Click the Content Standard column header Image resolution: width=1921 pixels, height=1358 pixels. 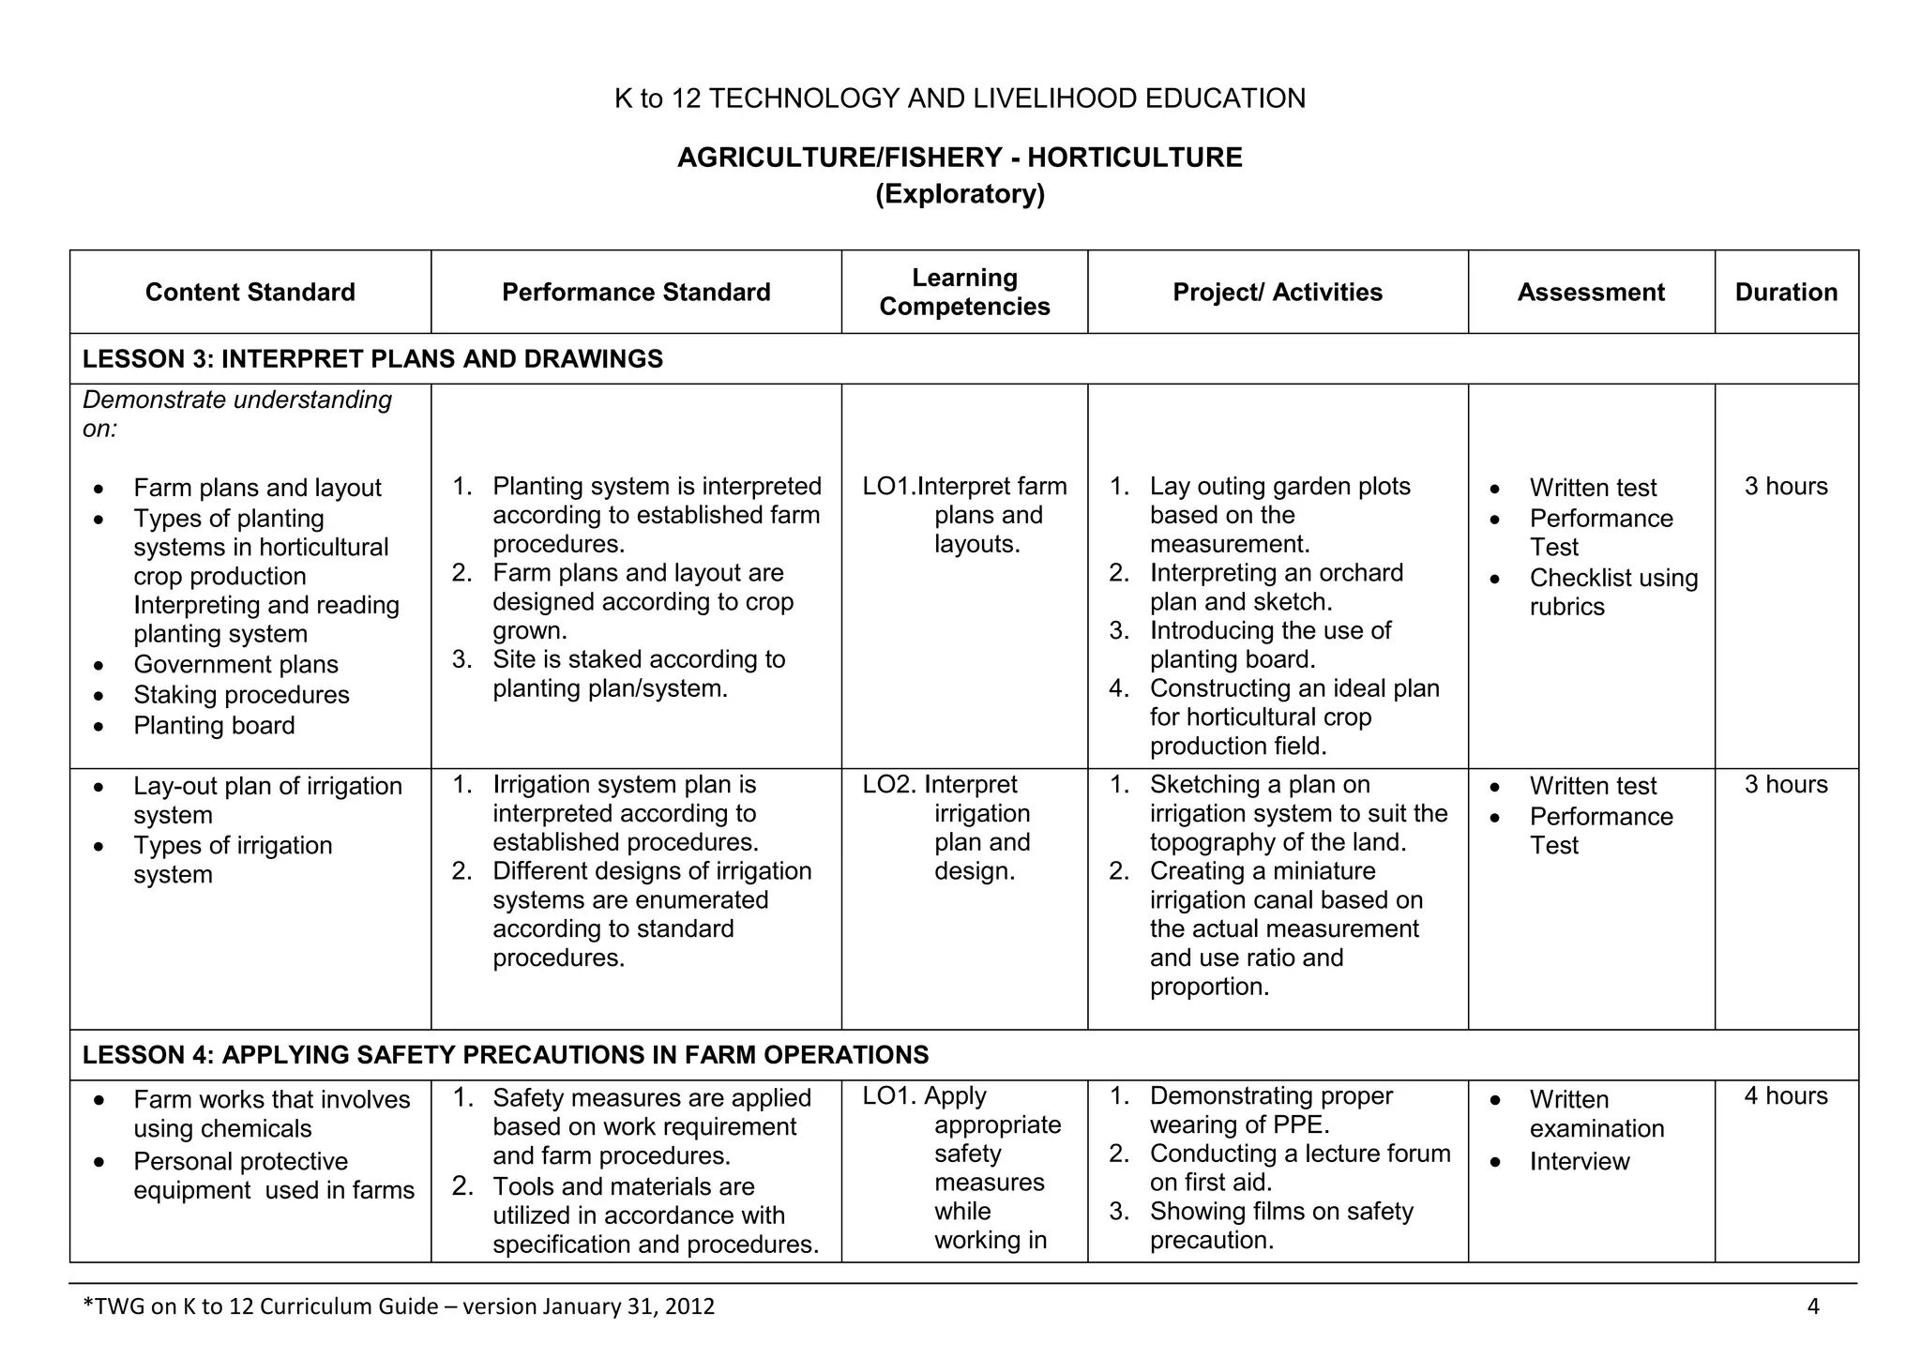[250, 292]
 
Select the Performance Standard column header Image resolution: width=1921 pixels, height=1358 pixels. [636, 292]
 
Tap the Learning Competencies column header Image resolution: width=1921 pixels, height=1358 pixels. [964, 292]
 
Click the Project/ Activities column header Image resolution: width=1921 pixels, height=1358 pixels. [1278, 292]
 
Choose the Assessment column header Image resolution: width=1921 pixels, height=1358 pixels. [1591, 292]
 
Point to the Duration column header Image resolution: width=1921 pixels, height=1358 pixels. [1786, 292]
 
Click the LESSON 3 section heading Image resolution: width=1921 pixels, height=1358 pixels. [372, 358]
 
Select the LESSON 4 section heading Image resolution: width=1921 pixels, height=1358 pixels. [506, 1054]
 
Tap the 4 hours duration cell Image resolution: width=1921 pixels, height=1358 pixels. [1786, 1095]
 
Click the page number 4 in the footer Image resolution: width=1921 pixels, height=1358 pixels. [1812, 1305]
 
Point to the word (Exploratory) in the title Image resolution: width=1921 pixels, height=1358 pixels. [960, 194]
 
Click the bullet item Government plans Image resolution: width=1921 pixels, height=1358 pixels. [235, 664]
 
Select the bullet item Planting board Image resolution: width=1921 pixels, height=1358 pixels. [214, 725]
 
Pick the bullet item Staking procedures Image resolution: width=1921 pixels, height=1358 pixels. [241, 695]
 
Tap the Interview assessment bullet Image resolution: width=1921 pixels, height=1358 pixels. [1580, 1161]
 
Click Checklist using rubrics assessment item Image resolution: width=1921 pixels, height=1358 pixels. [1612, 592]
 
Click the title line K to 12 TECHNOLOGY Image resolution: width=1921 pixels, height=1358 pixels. [960, 98]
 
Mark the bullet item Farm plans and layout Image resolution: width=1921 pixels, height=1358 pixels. [257, 488]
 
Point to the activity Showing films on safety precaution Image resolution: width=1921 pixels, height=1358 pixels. [1280, 1225]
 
